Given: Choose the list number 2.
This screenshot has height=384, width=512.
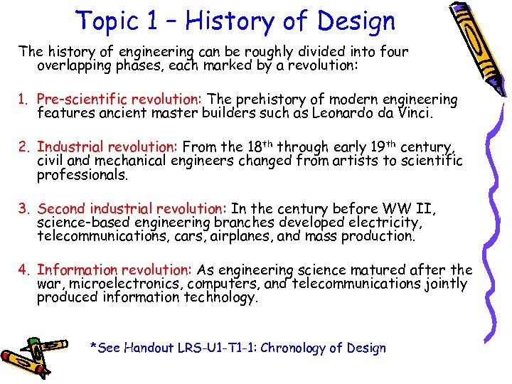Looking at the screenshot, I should tap(24, 147).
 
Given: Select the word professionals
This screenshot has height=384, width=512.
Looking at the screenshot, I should tap(82, 175).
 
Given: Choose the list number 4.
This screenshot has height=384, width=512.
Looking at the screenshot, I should tap(24, 270).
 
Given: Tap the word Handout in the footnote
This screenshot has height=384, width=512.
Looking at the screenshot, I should tap(149, 348).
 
